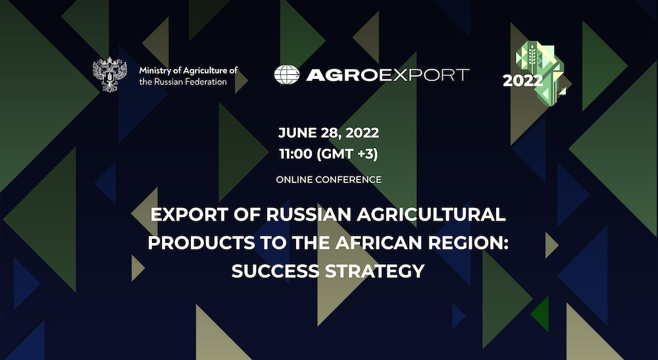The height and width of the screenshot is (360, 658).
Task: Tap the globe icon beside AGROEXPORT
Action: [286, 75]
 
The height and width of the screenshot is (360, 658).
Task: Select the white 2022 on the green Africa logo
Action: [522, 81]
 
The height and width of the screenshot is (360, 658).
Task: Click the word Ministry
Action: [155, 70]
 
